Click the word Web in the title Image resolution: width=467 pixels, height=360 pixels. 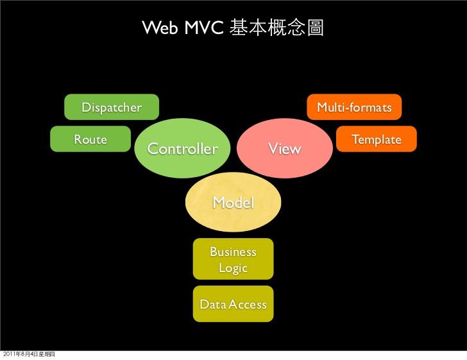point(159,28)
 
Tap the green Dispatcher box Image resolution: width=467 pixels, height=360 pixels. point(112,107)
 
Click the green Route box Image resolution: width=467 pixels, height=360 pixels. point(90,139)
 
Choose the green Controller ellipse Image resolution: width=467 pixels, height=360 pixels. point(183,149)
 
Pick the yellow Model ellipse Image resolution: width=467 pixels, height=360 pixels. point(233,203)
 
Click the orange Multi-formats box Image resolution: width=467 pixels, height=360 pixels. point(355,107)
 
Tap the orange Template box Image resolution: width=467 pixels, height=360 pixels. point(377,139)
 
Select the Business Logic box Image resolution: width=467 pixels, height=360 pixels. point(233,259)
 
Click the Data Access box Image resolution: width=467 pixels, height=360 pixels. point(233,304)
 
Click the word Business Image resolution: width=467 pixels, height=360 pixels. point(233,252)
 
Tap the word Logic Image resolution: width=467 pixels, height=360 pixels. point(233,268)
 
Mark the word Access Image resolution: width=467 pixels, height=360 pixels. point(247,304)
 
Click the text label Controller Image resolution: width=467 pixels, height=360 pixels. point(183,150)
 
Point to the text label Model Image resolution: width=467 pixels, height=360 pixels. point(233,203)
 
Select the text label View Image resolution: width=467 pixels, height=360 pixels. point(284,149)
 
